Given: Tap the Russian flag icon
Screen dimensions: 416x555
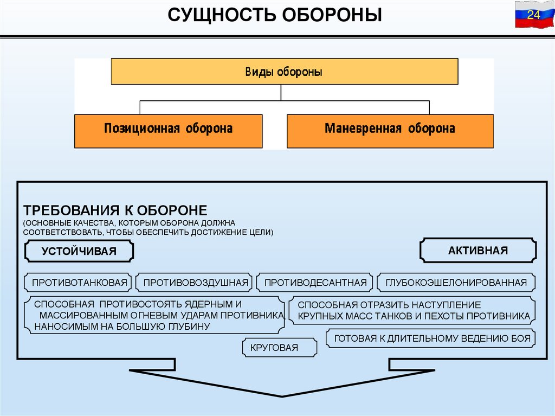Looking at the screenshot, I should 533,15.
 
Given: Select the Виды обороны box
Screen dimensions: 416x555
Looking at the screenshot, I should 284,72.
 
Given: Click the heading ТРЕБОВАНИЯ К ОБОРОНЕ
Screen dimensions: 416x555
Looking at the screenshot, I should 115,210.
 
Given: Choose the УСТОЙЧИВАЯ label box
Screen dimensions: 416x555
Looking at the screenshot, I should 79,251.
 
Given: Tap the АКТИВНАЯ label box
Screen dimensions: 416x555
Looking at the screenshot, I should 478,251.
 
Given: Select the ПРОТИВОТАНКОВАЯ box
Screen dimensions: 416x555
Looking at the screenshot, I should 79,283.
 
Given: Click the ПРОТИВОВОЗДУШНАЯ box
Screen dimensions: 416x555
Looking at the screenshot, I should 196,283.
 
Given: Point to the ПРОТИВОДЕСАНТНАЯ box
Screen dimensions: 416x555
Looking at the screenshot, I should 315,283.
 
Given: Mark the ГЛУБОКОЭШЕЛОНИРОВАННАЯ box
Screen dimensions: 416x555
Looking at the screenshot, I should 456,283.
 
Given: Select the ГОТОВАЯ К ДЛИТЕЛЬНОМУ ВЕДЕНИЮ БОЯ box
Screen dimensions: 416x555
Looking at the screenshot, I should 432,339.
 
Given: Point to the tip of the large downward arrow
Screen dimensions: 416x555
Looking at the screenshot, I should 282,396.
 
